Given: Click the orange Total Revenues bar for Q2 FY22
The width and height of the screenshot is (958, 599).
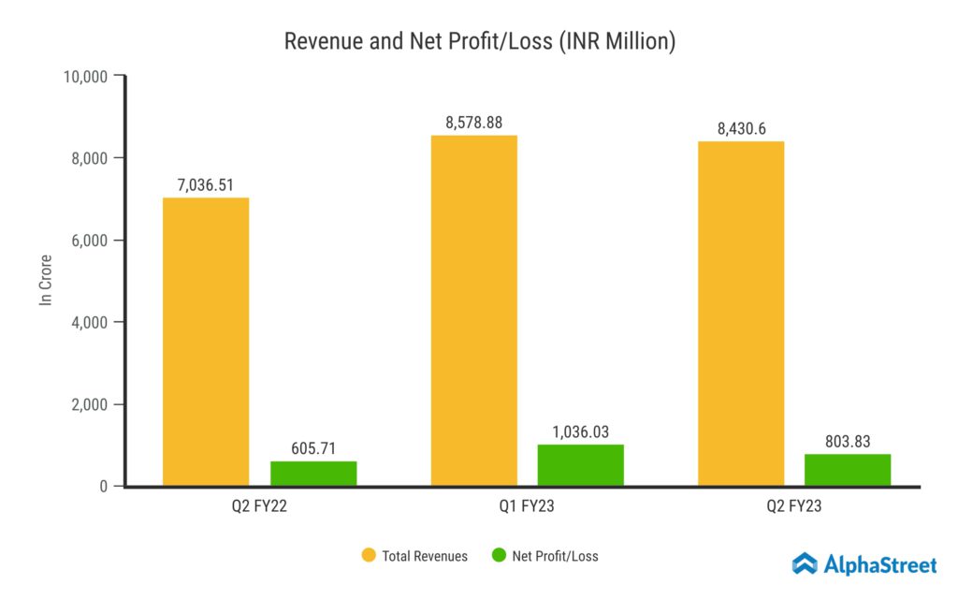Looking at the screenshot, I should [x=206, y=342].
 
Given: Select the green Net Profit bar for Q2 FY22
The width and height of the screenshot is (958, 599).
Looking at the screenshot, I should [x=313, y=474].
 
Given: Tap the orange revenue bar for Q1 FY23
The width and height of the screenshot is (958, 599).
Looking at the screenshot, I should [x=473, y=311].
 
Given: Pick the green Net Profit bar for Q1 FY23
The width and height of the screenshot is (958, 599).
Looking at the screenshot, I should [x=581, y=465].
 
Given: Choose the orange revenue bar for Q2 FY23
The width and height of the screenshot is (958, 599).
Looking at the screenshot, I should [x=741, y=314].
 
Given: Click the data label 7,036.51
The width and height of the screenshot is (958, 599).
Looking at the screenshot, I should [x=206, y=185].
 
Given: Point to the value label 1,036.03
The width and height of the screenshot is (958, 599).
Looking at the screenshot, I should [x=581, y=431].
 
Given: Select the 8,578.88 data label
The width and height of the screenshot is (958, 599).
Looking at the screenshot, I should [x=473, y=123].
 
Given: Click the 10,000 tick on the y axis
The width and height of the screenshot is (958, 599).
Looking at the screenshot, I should [x=84, y=76].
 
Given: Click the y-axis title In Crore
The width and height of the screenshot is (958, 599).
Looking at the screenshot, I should [x=44, y=281].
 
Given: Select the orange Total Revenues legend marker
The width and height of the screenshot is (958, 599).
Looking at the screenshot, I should [x=369, y=556].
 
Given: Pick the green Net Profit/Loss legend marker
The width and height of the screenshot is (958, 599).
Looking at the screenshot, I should [x=499, y=556].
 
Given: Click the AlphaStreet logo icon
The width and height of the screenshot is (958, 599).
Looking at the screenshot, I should [x=805, y=563].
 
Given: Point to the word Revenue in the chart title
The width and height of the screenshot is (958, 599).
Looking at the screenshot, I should [x=318, y=41].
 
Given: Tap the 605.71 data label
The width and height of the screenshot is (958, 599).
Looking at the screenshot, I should [x=313, y=449].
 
